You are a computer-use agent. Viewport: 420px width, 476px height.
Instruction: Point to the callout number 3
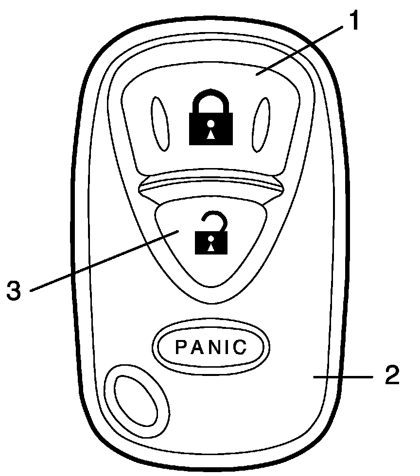15,290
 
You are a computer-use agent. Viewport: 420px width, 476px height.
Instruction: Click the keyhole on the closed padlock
210,132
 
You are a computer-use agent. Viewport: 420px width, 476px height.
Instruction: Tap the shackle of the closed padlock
211,100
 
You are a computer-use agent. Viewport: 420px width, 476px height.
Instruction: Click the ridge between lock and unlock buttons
210,186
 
